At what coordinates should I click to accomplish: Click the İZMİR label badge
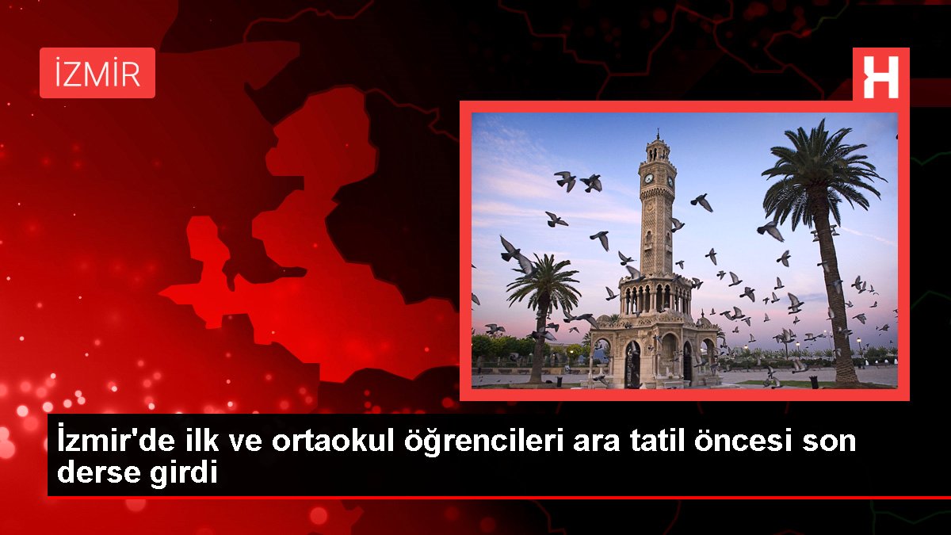pos(97,73)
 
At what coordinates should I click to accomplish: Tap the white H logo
pos(881,78)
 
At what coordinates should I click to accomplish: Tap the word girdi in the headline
pos(183,474)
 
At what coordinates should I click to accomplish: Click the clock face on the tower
pos(649,178)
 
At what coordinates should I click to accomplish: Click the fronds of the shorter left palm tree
pos(544,281)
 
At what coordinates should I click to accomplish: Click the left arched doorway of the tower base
pos(632,365)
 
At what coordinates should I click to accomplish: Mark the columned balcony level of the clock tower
pos(656,297)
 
